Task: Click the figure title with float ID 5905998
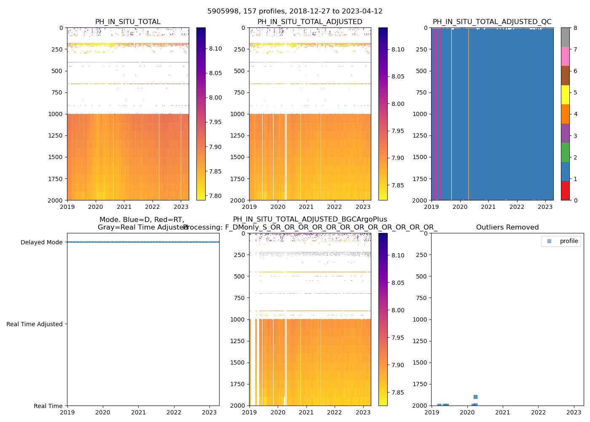295,11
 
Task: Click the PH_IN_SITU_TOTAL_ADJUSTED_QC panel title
492,22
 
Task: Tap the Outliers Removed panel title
507,227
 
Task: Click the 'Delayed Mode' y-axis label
41,242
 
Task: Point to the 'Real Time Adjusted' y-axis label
35,324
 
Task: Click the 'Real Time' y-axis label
48,406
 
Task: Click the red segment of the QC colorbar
565,191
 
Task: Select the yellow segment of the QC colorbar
565,95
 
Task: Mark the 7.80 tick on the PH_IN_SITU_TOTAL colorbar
216,196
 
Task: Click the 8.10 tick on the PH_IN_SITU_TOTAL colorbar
216,49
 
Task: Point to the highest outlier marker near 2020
475,397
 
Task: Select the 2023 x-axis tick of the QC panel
545,207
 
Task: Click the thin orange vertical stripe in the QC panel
469,114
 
